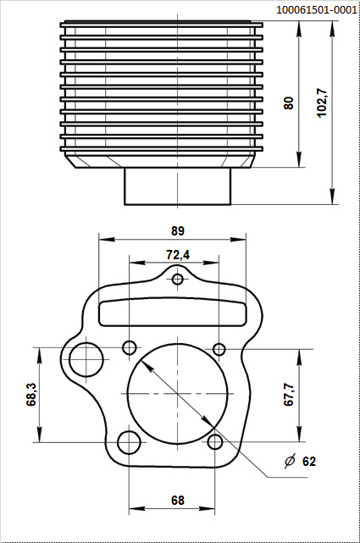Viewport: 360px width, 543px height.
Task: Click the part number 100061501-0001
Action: tap(316, 9)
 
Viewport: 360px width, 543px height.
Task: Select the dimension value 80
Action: tap(289, 103)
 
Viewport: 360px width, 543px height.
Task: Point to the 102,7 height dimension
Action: tap(322, 103)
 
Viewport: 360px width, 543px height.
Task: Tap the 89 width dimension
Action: tap(177, 230)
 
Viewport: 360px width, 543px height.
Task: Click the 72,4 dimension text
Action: tap(177, 254)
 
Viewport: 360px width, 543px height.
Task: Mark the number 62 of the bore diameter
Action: tap(308, 462)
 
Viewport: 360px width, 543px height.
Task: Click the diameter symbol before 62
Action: tap(290, 462)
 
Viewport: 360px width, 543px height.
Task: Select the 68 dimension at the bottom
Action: tap(177, 501)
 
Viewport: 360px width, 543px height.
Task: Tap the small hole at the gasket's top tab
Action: tap(177, 280)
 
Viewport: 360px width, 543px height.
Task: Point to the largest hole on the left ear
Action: tap(85, 359)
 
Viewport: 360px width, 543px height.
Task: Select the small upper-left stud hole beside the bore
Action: tap(130, 347)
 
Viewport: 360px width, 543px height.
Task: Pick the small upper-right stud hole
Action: tap(219, 349)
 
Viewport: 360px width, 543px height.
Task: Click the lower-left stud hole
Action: tap(129, 442)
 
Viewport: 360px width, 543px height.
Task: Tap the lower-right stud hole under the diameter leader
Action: tap(215, 441)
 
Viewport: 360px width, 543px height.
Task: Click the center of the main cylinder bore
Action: tap(178, 395)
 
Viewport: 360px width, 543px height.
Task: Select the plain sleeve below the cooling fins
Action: tap(178, 186)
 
